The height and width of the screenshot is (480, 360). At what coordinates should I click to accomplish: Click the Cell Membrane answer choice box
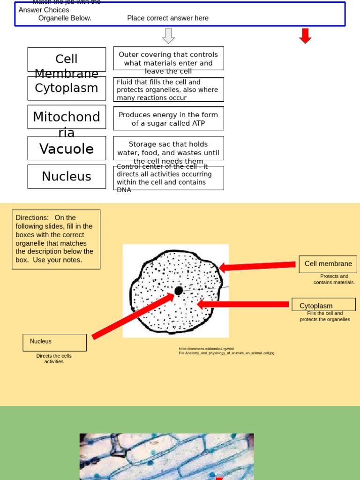click(67, 60)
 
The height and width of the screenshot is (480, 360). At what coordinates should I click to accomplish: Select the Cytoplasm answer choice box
click(67, 88)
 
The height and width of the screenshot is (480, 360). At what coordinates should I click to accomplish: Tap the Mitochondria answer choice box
click(67, 117)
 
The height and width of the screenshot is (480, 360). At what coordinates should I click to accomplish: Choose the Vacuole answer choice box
click(67, 148)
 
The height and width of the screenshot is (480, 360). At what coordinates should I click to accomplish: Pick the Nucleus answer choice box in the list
click(67, 177)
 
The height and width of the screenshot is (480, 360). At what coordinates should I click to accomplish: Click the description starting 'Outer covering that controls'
click(168, 59)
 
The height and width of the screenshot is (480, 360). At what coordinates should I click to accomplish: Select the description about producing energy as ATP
click(168, 119)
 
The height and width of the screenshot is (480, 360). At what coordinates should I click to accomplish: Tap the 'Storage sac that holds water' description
click(168, 148)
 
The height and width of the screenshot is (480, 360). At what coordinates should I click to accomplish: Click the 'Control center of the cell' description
click(168, 178)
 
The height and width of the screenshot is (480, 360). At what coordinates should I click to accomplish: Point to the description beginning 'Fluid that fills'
click(168, 90)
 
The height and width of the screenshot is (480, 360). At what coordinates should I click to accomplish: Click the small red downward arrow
click(305, 36)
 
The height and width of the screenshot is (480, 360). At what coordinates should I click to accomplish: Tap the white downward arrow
click(168, 36)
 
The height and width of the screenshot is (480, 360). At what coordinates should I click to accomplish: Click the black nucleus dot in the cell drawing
click(179, 291)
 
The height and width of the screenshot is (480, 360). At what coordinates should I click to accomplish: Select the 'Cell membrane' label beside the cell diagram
click(328, 264)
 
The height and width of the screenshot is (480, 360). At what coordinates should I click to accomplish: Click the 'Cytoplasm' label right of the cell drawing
click(323, 305)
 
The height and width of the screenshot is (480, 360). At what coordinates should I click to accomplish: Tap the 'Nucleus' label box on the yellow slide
click(54, 342)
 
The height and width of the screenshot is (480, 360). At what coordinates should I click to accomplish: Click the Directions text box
click(56, 239)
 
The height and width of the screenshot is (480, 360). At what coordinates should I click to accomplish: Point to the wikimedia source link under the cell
click(226, 351)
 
